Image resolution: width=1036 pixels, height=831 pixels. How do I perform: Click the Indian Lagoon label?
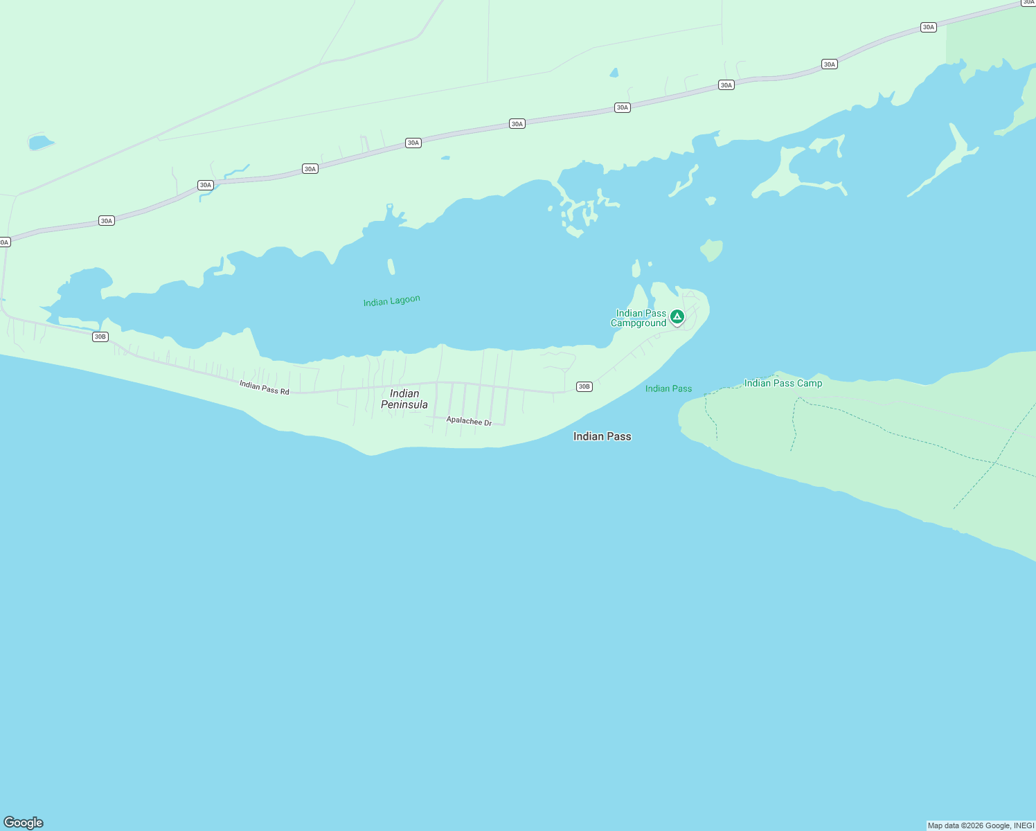[x=391, y=301]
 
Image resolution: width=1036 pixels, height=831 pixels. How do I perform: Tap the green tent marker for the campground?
[x=677, y=317]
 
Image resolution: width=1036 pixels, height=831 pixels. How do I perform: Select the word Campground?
[x=638, y=323]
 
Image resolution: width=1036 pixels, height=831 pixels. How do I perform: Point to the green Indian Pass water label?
[x=668, y=388]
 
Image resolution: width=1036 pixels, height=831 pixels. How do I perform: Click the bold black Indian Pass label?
[x=602, y=436]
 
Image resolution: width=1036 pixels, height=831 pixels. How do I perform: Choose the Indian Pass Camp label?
[x=783, y=383]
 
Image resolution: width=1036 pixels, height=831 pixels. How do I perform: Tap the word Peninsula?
[x=404, y=404]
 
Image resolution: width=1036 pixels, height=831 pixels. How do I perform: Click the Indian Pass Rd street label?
[x=265, y=387]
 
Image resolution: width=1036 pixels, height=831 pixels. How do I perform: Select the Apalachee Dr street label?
[x=469, y=421]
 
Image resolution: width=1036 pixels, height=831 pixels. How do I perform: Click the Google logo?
[x=24, y=822]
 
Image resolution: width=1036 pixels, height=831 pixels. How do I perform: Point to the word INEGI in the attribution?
[x=1024, y=825]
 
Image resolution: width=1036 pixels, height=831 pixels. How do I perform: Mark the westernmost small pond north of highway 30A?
[x=40, y=143]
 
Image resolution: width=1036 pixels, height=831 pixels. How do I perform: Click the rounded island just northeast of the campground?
[x=711, y=249]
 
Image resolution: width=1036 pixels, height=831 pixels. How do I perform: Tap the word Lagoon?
[x=405, y=299]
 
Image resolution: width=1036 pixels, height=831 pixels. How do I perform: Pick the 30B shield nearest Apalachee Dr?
[x=584, y=386]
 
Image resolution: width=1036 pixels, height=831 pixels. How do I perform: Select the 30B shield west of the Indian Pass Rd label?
[x=100, y=337]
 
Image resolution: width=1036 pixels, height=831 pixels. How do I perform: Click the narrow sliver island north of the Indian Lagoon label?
[x=391, y=267]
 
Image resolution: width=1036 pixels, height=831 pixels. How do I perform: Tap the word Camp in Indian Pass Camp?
[x=810, y=383]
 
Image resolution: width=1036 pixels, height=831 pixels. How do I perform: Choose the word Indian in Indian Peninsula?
[x=404, y=393]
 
